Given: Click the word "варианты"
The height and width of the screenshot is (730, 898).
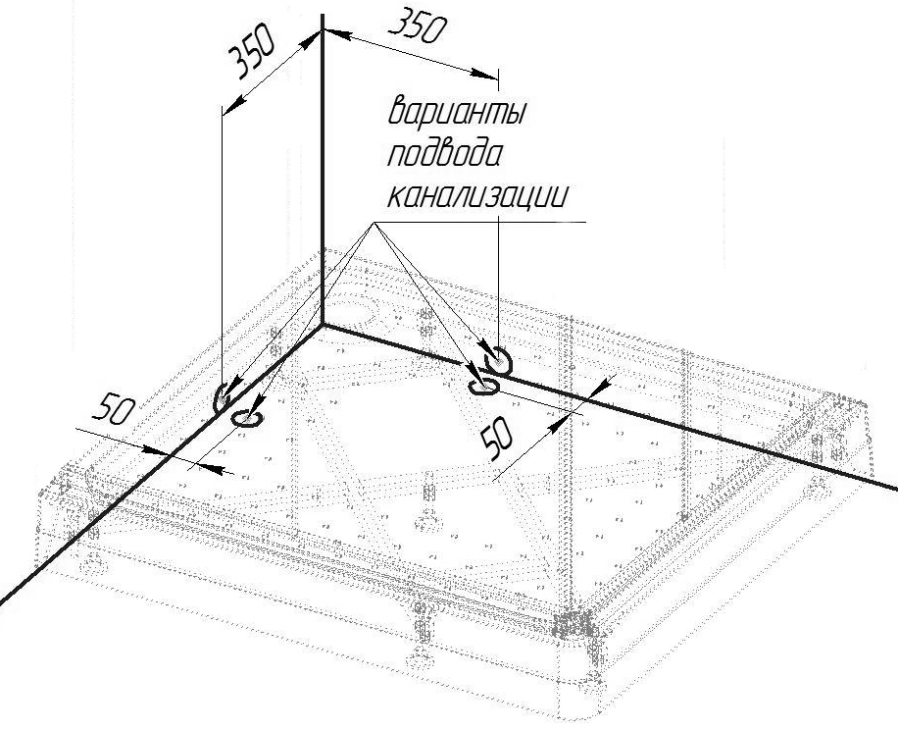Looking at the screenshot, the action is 457,111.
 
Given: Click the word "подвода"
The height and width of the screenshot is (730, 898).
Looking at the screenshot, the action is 445,153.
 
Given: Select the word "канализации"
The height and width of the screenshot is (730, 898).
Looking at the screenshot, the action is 478,195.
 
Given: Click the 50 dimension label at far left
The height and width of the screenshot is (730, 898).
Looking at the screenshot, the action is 114,410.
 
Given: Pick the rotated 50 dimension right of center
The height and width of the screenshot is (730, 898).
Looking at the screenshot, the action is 497,438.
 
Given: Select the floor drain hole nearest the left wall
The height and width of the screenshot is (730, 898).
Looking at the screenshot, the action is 247,418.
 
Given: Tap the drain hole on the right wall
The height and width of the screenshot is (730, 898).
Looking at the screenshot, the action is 498,362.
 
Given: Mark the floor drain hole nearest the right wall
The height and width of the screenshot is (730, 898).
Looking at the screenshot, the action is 484,388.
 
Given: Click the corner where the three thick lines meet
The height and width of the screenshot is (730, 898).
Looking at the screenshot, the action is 323,325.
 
